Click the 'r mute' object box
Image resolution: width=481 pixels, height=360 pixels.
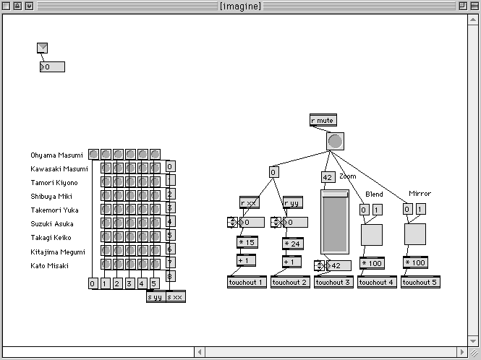[323, 121]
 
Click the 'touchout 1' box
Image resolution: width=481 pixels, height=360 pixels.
[247, 282]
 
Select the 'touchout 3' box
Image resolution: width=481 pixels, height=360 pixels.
[333, 282]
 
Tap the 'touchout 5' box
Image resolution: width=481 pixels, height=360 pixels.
[420, 282]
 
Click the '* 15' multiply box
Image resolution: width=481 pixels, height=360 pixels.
[247, 242]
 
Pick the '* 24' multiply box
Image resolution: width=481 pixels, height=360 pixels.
[292, 244]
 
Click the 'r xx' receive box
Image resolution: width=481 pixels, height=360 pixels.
[249, 203]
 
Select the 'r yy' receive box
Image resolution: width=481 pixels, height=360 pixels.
[292, 203]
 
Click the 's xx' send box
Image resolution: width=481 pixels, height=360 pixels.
[175, 296]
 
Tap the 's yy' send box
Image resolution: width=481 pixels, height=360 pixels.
[156, 296]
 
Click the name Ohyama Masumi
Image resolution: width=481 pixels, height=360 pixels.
[57, 155]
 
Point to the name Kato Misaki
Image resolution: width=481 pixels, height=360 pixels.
[50, 266]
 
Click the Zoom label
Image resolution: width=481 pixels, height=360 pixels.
[348, 176]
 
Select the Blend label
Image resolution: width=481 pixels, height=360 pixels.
[374, 194]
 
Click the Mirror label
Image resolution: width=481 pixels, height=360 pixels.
[420, 194]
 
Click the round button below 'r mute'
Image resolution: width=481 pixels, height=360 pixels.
[335, 142]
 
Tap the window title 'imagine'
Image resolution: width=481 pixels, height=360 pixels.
[240, 6]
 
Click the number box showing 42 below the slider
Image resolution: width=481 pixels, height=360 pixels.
[338, 265]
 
